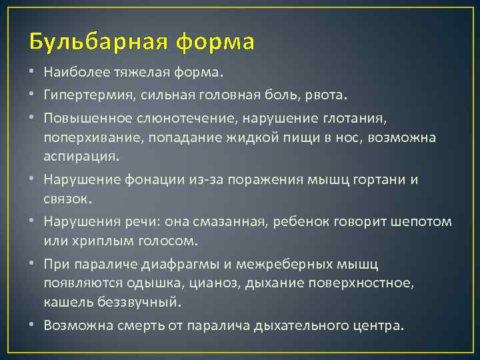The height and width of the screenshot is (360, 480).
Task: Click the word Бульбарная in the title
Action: pyautogui.click(x=99, y=42)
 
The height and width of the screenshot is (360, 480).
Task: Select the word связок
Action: pyautogui.click(x=66, y=199)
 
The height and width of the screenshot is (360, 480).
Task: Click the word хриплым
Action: pyautogui.click(x=93, y=241)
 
